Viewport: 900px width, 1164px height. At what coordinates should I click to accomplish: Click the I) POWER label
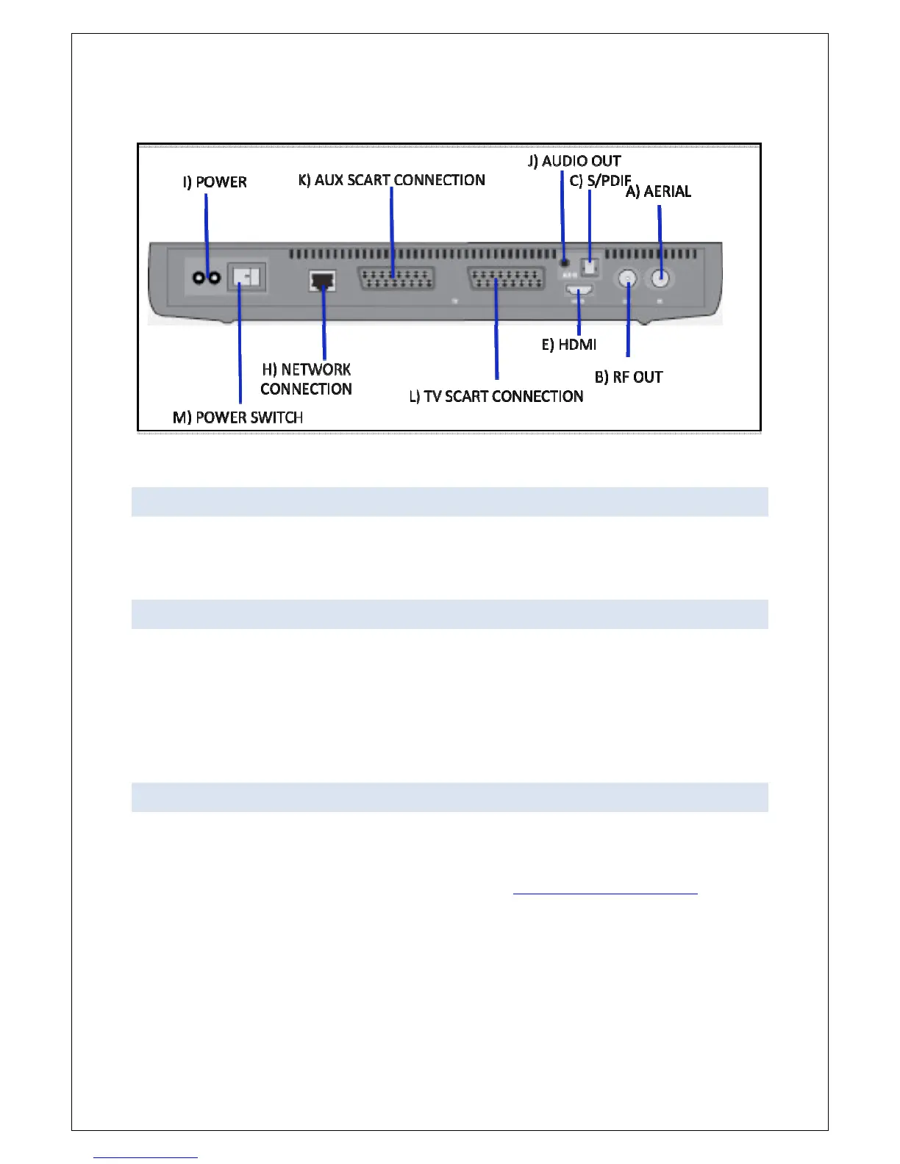[215, 182]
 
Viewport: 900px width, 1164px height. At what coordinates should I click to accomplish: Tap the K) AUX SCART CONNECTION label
[392, 180]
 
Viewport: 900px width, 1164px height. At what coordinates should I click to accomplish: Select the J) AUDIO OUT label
[574, 161]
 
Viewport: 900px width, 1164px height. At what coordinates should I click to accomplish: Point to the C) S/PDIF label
[600, 180]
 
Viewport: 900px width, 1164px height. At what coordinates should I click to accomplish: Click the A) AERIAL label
[658, 192]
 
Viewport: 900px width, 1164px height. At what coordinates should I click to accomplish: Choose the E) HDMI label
[569, 345]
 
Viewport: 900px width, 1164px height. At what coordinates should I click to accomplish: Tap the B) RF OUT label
[629, 377]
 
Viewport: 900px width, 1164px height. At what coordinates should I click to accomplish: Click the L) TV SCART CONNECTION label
[496, 397]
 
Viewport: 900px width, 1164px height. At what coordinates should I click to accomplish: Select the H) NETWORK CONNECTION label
[307, 379]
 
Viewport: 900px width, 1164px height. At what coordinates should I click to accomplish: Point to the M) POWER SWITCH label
[238, 417]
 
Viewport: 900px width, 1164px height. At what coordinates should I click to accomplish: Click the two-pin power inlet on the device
[206, 278]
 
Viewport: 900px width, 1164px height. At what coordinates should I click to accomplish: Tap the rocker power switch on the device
[246, 277]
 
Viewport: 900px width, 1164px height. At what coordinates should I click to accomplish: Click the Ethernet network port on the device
[322, 280]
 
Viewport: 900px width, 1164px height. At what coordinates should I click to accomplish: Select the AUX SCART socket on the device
[396, 280]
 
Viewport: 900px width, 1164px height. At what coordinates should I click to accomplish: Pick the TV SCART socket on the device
[507, 280]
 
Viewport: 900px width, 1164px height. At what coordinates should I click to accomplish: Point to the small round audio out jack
[564, 260]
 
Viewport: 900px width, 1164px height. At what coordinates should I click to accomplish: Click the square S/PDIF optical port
[590, 265]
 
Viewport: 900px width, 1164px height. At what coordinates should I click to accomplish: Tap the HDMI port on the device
[579, 291]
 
